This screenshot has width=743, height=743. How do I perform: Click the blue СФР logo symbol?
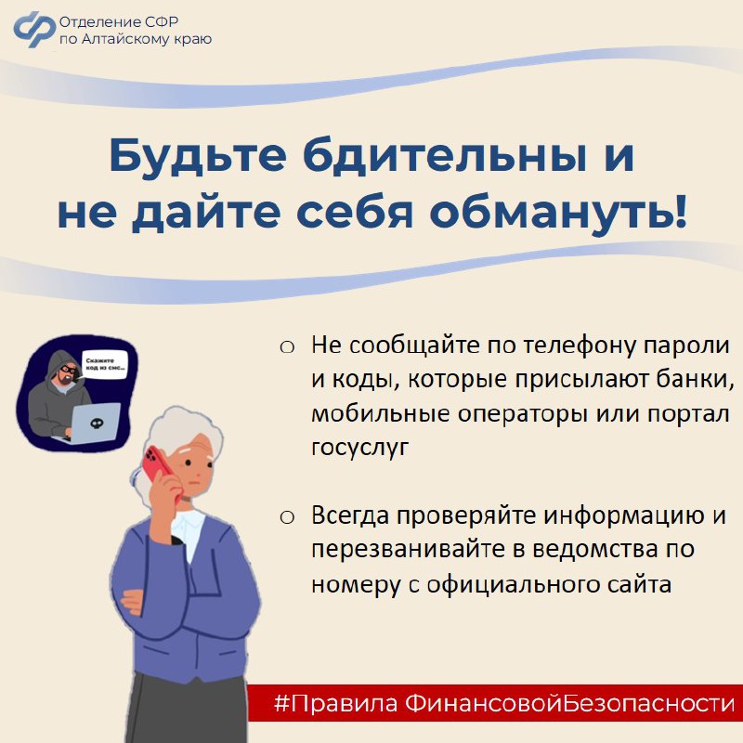pyautogui.click(x=34, y=29)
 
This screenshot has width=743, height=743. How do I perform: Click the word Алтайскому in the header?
pyautogui.click(x=125, y=39)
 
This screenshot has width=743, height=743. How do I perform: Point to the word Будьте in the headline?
pyautogui.click(x=198, y=155)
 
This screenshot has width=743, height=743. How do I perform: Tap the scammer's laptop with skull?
pyautogui.click(x=92, y=423)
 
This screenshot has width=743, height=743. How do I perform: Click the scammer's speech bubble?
pyautogui.click(x=104, y=364)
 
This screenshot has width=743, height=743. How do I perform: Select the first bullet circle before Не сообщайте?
pyautogui.click(x=287, y=347)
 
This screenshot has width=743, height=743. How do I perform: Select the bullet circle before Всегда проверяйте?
pyautogui.click(x=287, y=517)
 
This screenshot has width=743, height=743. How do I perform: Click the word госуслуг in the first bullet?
pyautogui.click(x=359, y=447)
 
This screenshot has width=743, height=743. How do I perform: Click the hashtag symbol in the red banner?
pyautogui.click(x=282, y=703)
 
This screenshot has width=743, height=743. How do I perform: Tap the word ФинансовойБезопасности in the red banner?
pyautogui.click(x=569, y=703)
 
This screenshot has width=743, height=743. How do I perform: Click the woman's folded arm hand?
pyautogui.click(x=133, y=601)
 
